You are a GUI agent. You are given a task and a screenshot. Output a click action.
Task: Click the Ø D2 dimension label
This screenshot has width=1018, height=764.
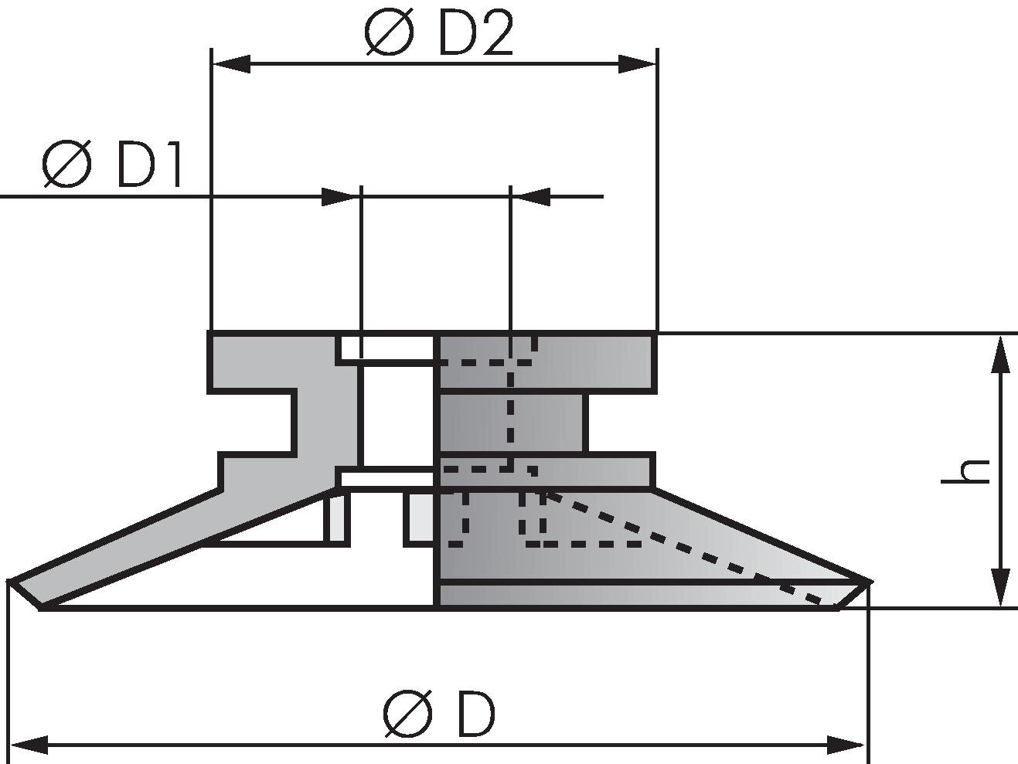438,35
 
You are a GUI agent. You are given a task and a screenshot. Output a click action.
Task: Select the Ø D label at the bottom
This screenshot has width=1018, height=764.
438,715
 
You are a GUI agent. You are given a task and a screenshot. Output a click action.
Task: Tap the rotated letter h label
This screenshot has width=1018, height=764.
966,471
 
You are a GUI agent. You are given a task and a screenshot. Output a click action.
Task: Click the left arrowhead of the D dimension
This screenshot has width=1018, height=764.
29,745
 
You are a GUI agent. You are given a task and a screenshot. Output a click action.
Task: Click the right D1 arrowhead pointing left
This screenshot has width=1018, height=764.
531,197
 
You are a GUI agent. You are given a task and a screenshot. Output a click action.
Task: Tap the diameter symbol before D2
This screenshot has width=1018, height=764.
390,35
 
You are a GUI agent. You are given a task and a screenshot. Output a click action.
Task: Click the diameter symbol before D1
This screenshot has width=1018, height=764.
67,165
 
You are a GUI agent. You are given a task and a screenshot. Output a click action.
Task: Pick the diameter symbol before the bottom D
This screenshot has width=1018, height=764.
407,715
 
